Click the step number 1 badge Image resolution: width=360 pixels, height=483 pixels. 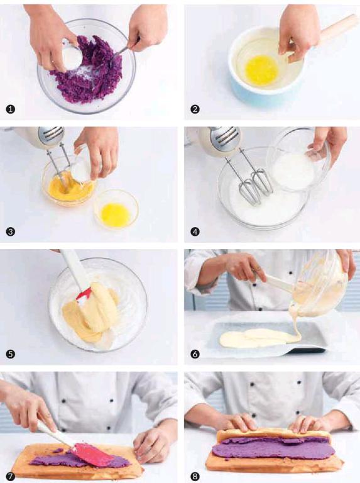coord(11,109)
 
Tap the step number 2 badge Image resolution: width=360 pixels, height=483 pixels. coord(195,109)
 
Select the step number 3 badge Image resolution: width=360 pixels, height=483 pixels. coord(11,231)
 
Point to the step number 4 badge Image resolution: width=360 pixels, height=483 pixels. coord(195,231)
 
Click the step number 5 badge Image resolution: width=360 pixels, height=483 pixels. coord(11,354)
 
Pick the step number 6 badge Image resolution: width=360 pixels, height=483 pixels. coord(195,354)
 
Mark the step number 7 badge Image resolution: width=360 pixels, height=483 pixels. coord(11,477)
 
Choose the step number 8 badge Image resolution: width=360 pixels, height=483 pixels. coord(195,477)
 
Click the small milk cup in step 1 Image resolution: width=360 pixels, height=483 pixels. coord(72,56)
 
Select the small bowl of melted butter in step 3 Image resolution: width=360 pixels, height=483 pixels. coord(116,209)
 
